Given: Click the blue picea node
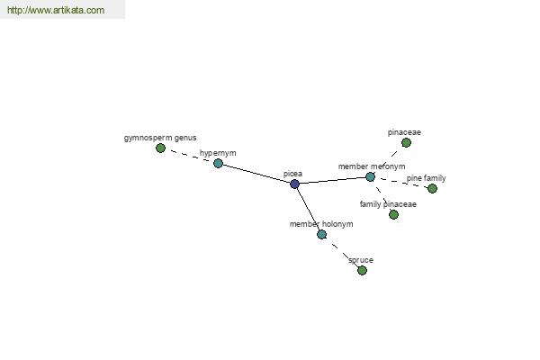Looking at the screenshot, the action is (294, 184).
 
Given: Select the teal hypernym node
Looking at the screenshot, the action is (218, 163).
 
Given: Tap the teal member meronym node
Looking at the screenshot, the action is (370, 177).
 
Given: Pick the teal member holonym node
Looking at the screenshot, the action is (321, 235).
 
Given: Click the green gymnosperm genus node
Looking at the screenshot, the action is (160, 148).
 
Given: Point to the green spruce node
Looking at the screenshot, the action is (362, 270).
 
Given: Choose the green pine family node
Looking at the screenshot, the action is (432, 188).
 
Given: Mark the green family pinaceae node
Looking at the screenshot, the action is (393, 214).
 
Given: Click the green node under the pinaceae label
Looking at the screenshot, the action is (407, 142).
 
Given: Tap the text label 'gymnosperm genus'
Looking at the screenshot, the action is (160, 138).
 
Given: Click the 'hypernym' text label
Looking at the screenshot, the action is (218, 153).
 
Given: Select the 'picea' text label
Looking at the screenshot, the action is (292, 174).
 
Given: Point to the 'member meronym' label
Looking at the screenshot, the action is (372, 166).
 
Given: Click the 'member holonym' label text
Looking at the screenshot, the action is (321, 224).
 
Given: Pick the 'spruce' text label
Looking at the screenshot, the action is (361, 260).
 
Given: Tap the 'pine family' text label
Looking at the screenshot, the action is (426, 178).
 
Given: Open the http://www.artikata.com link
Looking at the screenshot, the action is (56, 10).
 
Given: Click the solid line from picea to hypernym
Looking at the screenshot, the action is (256, 174).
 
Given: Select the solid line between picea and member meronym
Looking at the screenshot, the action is (332, 181).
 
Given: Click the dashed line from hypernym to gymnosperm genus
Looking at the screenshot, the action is (189, 156).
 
